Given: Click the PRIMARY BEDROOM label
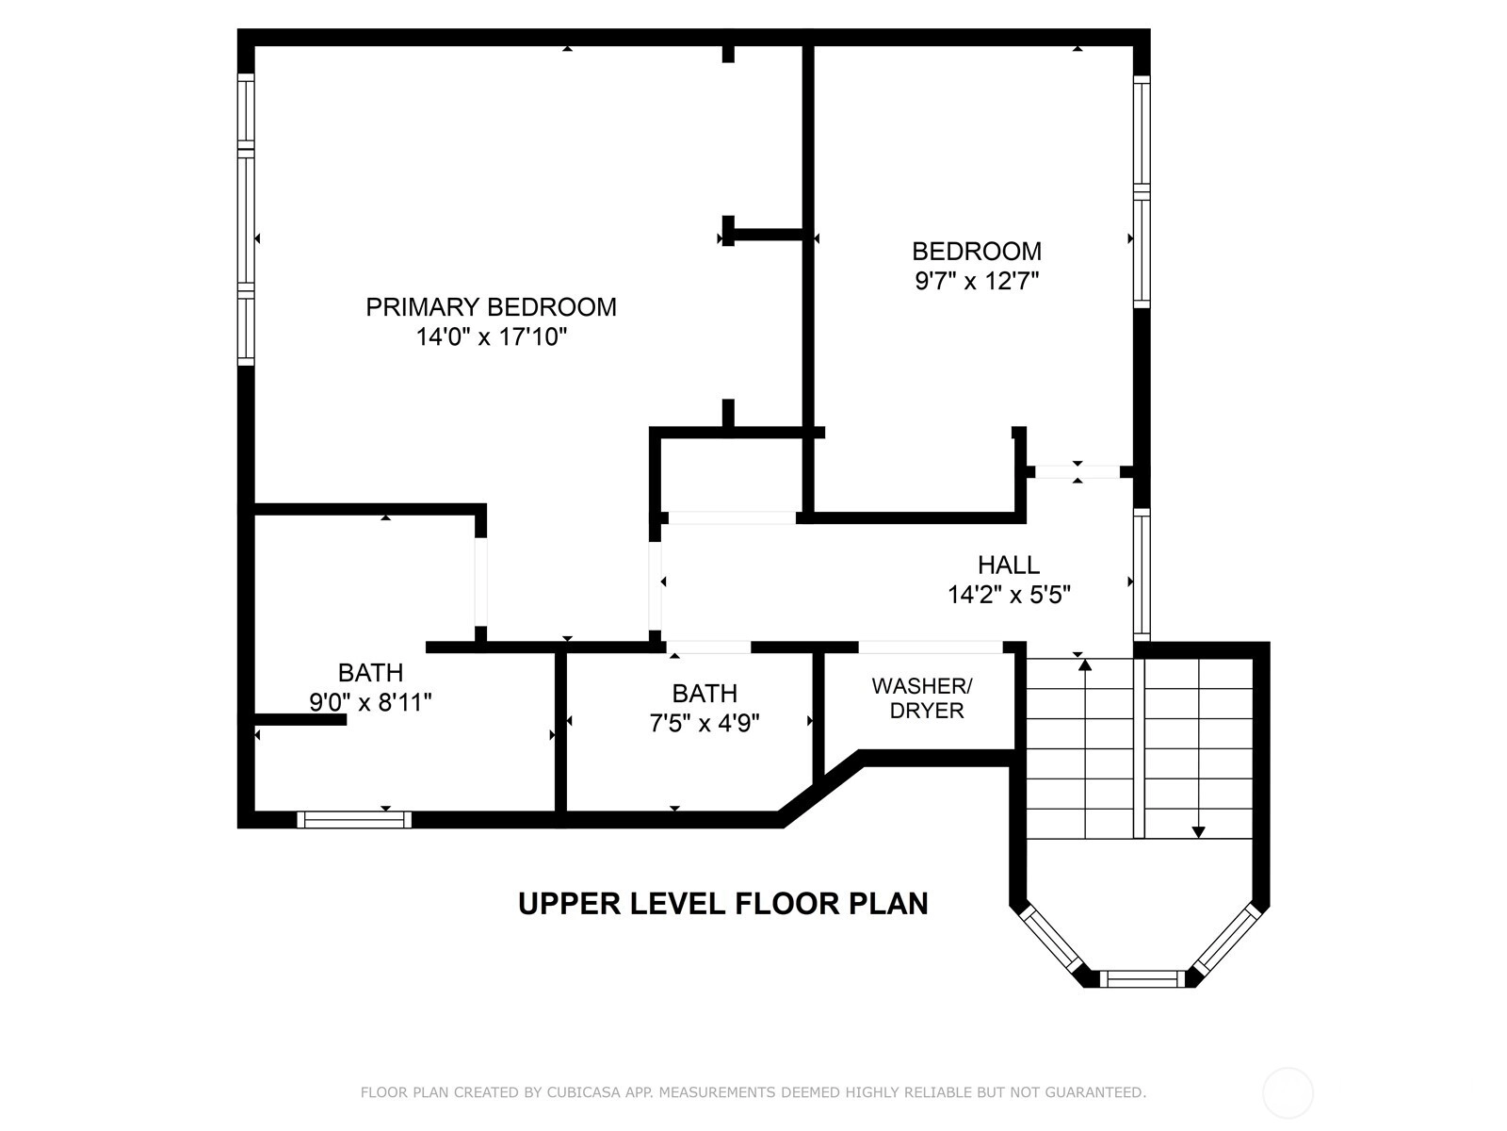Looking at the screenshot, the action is tap(491, 307).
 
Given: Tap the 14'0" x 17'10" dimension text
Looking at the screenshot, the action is tap(492, 337).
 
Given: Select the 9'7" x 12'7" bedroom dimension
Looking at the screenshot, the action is tap(977, 281).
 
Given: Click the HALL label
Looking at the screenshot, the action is tap(1009, 565).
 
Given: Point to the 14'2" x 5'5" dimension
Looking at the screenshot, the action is tap(1010, 595).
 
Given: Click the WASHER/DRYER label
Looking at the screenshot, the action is tap(923, 697).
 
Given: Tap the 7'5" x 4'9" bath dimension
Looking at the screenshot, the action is tap(705, 723).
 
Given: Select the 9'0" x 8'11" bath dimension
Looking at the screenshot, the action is tap(370, 702).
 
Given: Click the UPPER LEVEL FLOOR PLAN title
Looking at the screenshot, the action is tap(723, 903).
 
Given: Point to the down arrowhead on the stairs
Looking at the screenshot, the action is tap(1198, 832).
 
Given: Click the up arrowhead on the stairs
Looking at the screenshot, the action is tap(1085, 664).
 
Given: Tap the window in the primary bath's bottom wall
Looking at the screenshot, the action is tap(354, 820).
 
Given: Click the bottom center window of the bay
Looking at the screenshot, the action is tap(1142, 978).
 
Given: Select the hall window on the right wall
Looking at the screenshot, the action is tap(1141, 575).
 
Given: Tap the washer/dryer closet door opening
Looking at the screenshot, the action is tap(931, 647).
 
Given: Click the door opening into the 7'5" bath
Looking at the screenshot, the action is tap(708, 647).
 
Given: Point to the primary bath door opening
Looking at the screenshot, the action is tap(480, 582).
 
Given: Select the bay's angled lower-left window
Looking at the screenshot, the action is tap(1050, 939).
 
